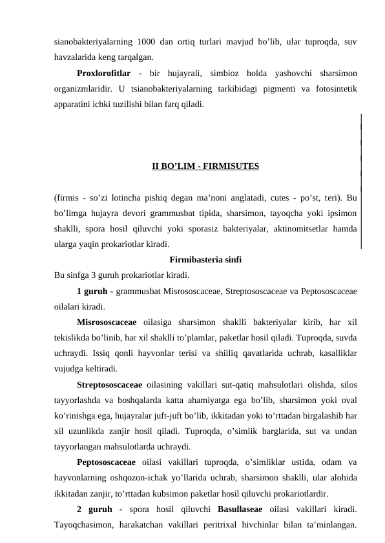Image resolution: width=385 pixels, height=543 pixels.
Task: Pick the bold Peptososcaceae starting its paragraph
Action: (x=106, y=462)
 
